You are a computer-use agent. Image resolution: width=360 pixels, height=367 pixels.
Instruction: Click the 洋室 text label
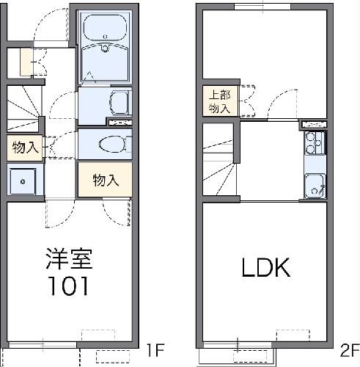click(x=69, y=259)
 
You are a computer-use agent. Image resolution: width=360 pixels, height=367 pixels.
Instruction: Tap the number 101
click(x=69, y=285)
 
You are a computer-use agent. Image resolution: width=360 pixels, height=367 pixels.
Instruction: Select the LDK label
click(x=266, y=268)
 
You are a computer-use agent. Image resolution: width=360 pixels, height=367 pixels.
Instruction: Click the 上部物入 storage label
click(x=218, y=101)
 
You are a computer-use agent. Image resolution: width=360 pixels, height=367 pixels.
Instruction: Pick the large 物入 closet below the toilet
click(x=105, y=179)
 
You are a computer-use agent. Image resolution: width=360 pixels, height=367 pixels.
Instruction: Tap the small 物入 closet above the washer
click(x=25, y=147)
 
